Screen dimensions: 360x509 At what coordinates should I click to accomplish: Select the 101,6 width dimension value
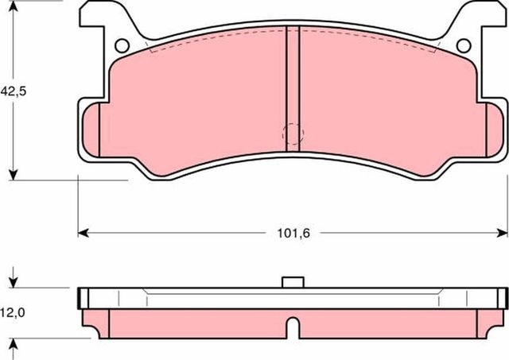[293, 234]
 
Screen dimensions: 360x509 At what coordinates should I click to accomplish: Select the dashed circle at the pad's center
[293, 134]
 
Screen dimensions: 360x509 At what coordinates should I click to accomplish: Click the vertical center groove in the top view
[293, 87]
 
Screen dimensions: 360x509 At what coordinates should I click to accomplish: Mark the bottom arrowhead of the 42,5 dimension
[14, 174]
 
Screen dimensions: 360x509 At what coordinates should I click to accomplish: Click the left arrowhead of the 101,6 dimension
[83, 233]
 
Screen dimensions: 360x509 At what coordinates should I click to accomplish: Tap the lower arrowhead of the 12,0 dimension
[14, 343]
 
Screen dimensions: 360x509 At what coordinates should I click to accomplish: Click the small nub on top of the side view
[293, 281]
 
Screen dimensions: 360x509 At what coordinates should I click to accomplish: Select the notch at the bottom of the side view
[293, 327]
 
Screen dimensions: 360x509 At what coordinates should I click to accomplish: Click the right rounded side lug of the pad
[495, 132]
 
